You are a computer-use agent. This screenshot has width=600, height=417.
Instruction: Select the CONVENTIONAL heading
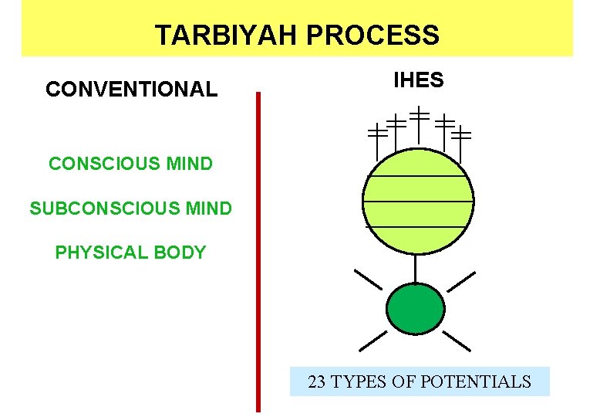(x=132, y=90)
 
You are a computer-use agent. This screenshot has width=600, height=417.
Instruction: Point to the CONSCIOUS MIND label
(x=130, y=164)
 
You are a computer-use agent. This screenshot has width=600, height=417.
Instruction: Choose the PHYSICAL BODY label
(x=130, y=253)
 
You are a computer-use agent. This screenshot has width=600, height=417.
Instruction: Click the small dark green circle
(x=416, y=309)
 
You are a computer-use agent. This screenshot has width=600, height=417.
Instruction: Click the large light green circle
(x=417, y=201)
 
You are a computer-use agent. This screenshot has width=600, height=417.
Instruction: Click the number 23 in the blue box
(x=317, y=381)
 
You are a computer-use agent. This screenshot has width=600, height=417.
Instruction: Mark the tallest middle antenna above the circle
(x=419, y=124)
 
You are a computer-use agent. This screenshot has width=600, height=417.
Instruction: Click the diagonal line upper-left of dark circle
(x=368, y=280)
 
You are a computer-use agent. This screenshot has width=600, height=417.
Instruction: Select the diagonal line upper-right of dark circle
(x=461, y=281)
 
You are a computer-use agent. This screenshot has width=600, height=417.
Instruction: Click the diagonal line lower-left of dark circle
(x=373, y=341)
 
